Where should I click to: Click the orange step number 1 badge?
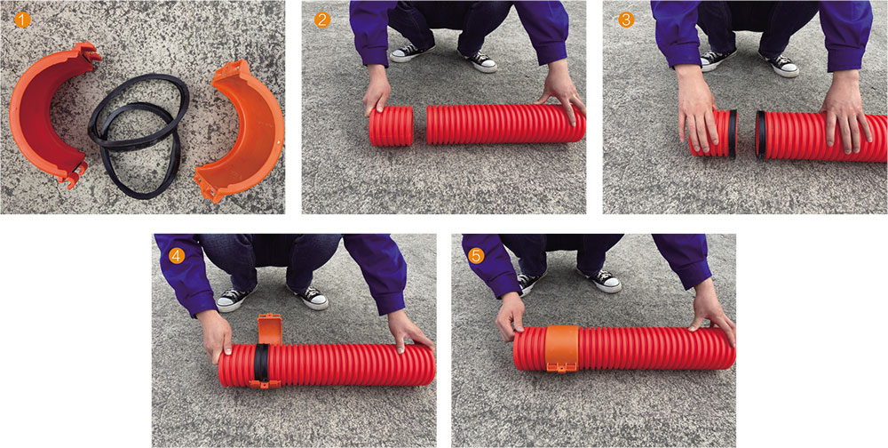point(22,20)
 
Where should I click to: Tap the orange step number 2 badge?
point(321,20)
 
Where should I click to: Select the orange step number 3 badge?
point(626,20)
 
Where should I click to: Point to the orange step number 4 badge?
point(177,256)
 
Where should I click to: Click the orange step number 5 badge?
point(477,256)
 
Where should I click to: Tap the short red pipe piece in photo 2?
point(392,125)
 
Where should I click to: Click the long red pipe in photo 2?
point(506,123)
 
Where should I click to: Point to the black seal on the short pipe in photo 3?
point(733,134)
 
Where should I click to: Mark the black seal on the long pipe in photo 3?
point(761,134)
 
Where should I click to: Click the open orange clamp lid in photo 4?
point(270,328)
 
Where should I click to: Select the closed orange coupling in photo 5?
point(562,348)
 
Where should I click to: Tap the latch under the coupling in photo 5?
point(561,369)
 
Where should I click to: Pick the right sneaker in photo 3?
point(780,65)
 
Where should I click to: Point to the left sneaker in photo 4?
point(235,299)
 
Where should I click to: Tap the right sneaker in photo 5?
point(599,280)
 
